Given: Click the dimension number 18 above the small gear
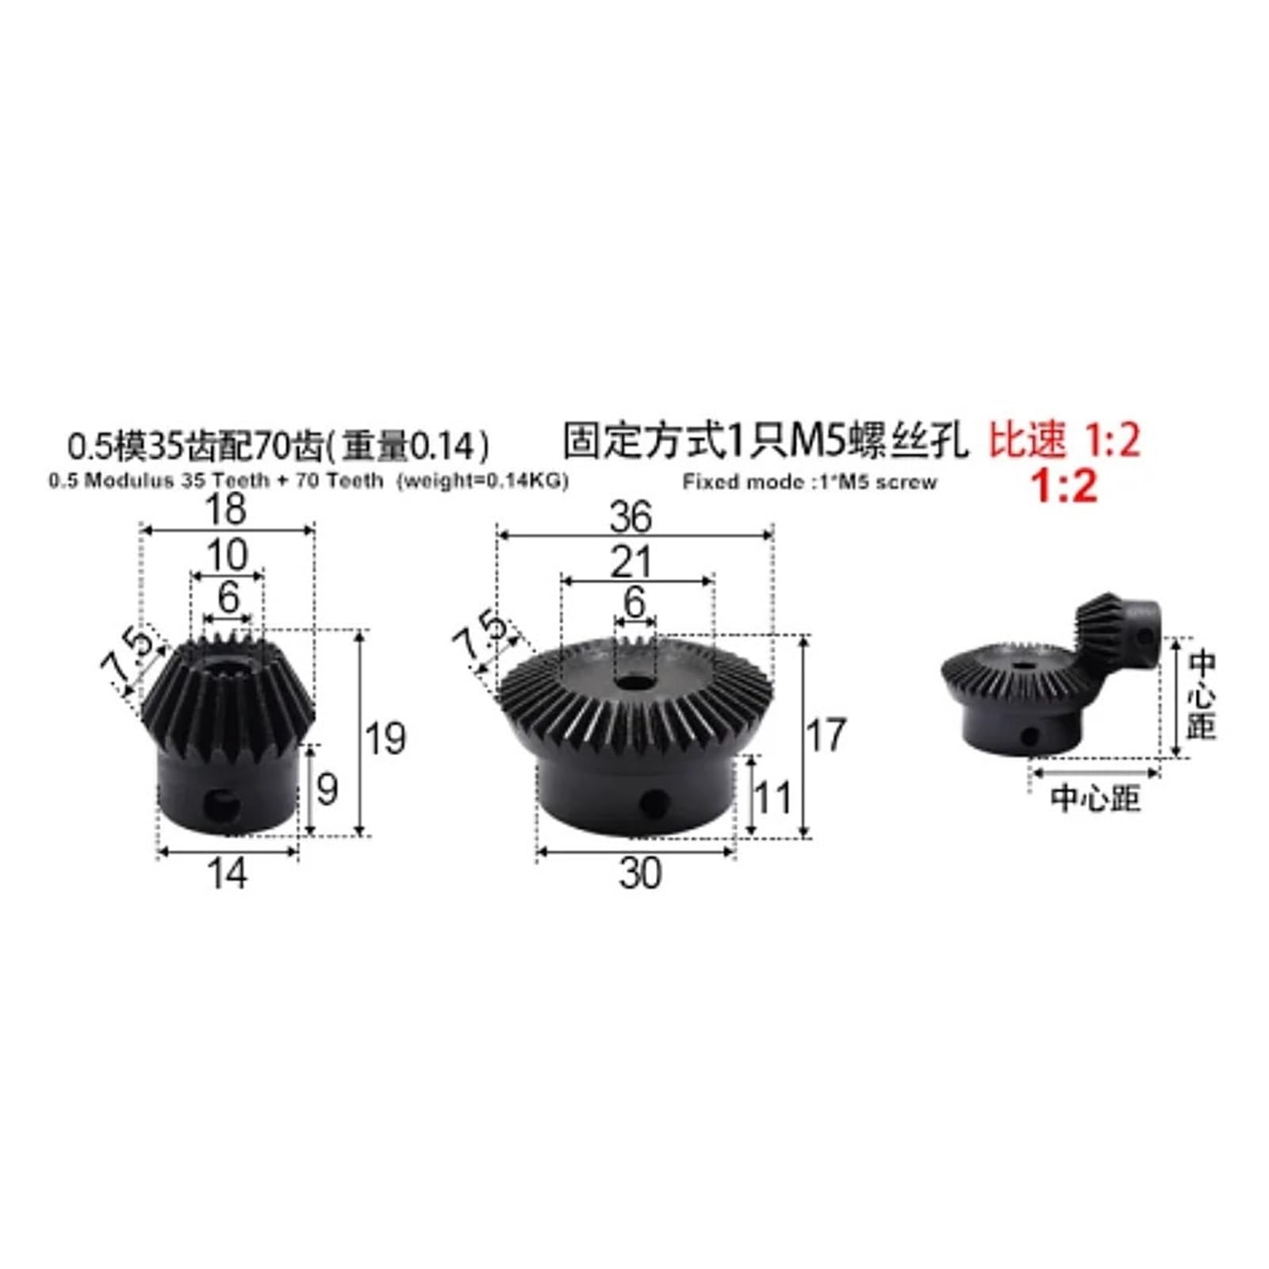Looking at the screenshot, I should pos(226,509).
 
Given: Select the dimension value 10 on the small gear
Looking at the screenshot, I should pos(228,554).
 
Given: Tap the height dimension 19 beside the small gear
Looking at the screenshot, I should pos(386,738).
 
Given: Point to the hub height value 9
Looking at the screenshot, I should pos(327,789).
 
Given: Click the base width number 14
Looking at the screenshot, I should pos(227,873).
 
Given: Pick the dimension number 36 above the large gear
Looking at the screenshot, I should pos(631,517).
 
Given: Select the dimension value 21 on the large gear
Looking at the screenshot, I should pos(631,562).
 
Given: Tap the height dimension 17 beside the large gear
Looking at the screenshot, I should pos(826,734).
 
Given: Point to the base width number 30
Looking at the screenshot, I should pos(639,873).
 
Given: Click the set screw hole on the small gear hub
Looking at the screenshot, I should pos(221,805).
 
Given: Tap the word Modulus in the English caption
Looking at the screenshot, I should pos(129,481).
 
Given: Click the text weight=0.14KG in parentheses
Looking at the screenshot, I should pos(482,481).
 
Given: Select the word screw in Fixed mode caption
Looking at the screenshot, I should pos(907,481).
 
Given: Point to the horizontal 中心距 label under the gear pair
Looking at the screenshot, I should pos(1095,798).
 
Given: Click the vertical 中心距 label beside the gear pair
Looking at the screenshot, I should pos(1202,696).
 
